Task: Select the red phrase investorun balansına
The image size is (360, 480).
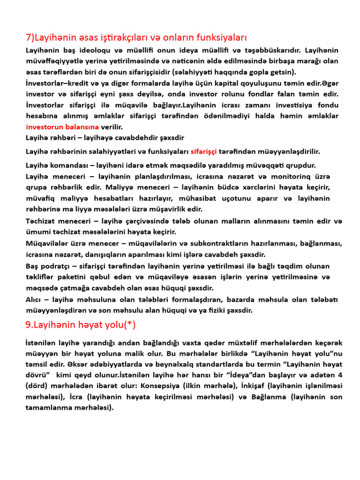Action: pos(62,127)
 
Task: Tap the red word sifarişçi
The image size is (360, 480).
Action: pos(204,151)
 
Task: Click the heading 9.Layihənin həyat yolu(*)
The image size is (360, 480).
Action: pos(80,324)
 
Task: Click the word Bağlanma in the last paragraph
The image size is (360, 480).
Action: pos(265,397)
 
